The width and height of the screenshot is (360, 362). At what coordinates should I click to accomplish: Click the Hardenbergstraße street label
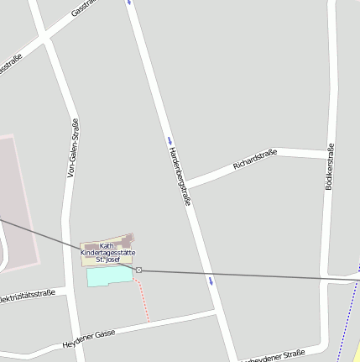point(180,176)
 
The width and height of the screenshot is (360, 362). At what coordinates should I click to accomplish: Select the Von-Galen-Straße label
point(73,148)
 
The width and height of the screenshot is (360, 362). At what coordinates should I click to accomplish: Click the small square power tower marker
point(138,270)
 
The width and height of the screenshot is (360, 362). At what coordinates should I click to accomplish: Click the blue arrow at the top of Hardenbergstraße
point(129,3)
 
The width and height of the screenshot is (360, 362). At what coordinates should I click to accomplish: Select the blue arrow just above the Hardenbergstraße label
point(170,139)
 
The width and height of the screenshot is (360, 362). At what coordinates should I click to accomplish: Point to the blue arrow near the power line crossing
point(211,280)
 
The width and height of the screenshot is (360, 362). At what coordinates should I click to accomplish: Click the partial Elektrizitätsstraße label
point(27,296)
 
